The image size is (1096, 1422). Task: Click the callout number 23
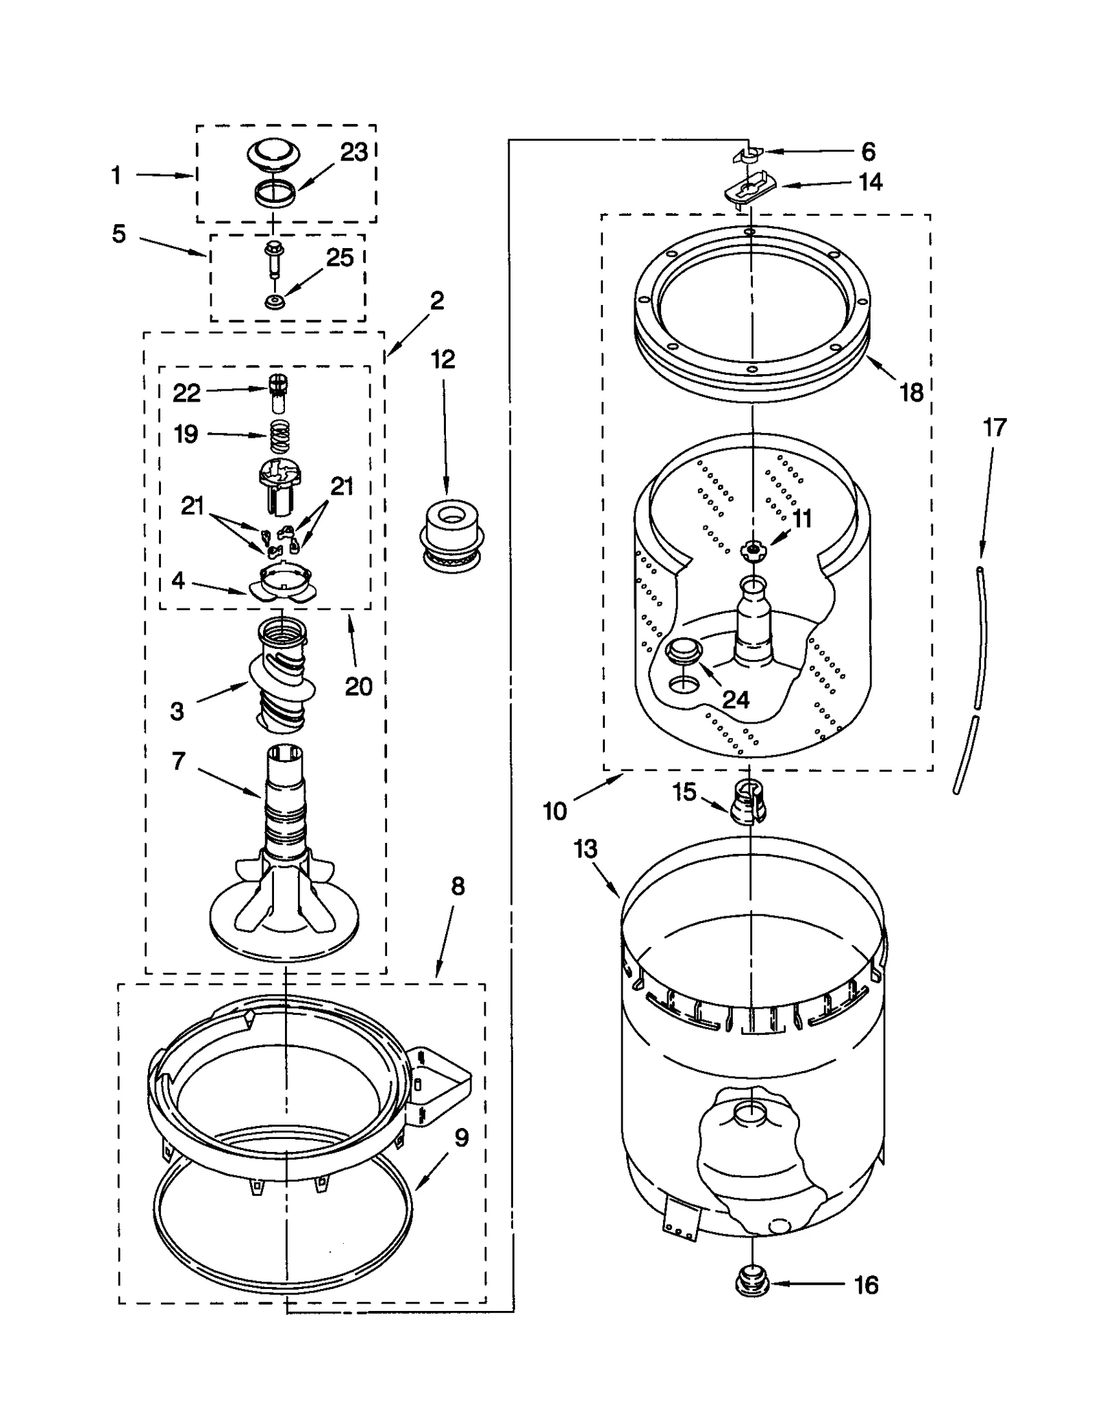point(354,152)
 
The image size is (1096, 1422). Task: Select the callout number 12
point(443,359)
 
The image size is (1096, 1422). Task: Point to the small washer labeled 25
point(275,301)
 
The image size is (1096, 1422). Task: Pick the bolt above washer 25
point(274,257)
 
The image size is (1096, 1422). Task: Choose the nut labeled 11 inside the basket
point(754,548)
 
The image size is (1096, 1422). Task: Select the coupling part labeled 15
point(748,800)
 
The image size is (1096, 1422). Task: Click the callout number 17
point(995,428)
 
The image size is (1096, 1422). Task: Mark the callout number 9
point(462,1138)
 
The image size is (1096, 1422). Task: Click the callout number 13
point(586,849)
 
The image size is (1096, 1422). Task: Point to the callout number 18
point(912,393)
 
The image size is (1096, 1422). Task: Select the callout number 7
point(179,761)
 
